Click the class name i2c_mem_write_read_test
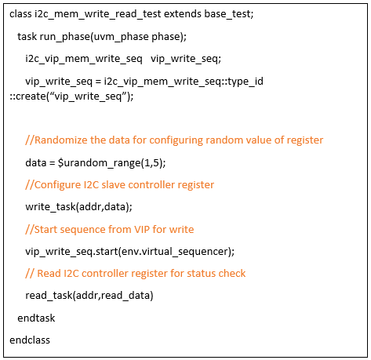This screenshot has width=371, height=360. click(x=98, y=14)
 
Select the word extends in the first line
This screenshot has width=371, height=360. click(x=183, y=14)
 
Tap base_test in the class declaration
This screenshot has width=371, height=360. click(x=227, y=14)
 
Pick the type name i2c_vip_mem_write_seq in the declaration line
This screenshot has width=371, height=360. click(x=84, y=59)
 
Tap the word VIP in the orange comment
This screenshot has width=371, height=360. click(x=142, y=230)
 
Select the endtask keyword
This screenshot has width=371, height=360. click(x=36, y=318)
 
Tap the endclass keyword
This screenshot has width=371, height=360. click(x=30, y=340)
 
